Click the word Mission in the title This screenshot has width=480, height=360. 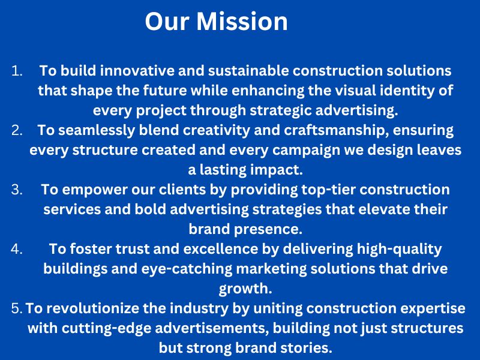[242, 22]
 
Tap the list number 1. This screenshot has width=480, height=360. [17, 71]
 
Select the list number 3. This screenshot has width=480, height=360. [17, 190]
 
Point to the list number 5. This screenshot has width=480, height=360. [17, 308]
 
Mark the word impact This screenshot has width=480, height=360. [277, 170]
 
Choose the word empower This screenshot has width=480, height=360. [95, 190]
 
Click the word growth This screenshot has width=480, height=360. [245, 289]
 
